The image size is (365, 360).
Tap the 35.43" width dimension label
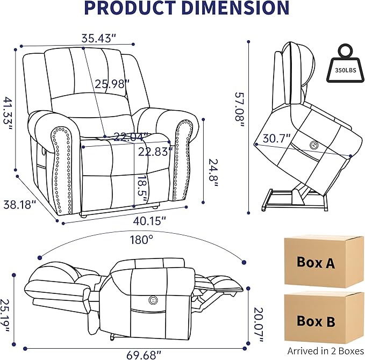98,39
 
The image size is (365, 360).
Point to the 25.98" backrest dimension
112,84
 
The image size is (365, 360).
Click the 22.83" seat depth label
154,152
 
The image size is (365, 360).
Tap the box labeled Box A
317,263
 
